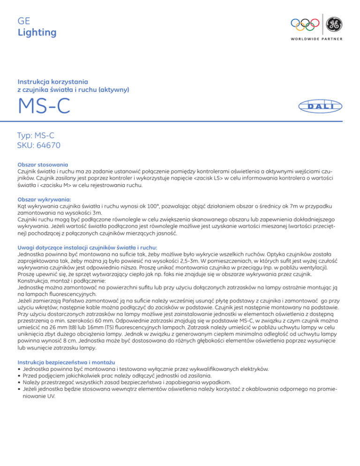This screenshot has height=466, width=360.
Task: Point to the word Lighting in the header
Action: click(x=37, y=32)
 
